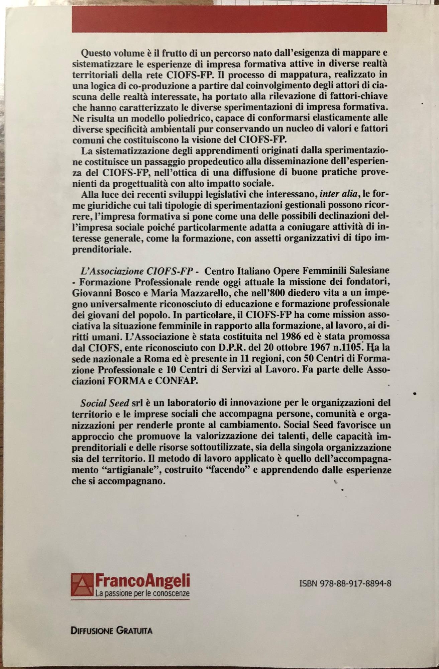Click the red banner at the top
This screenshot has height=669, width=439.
[229, 19]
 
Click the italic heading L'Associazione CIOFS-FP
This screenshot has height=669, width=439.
[133, 270]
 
